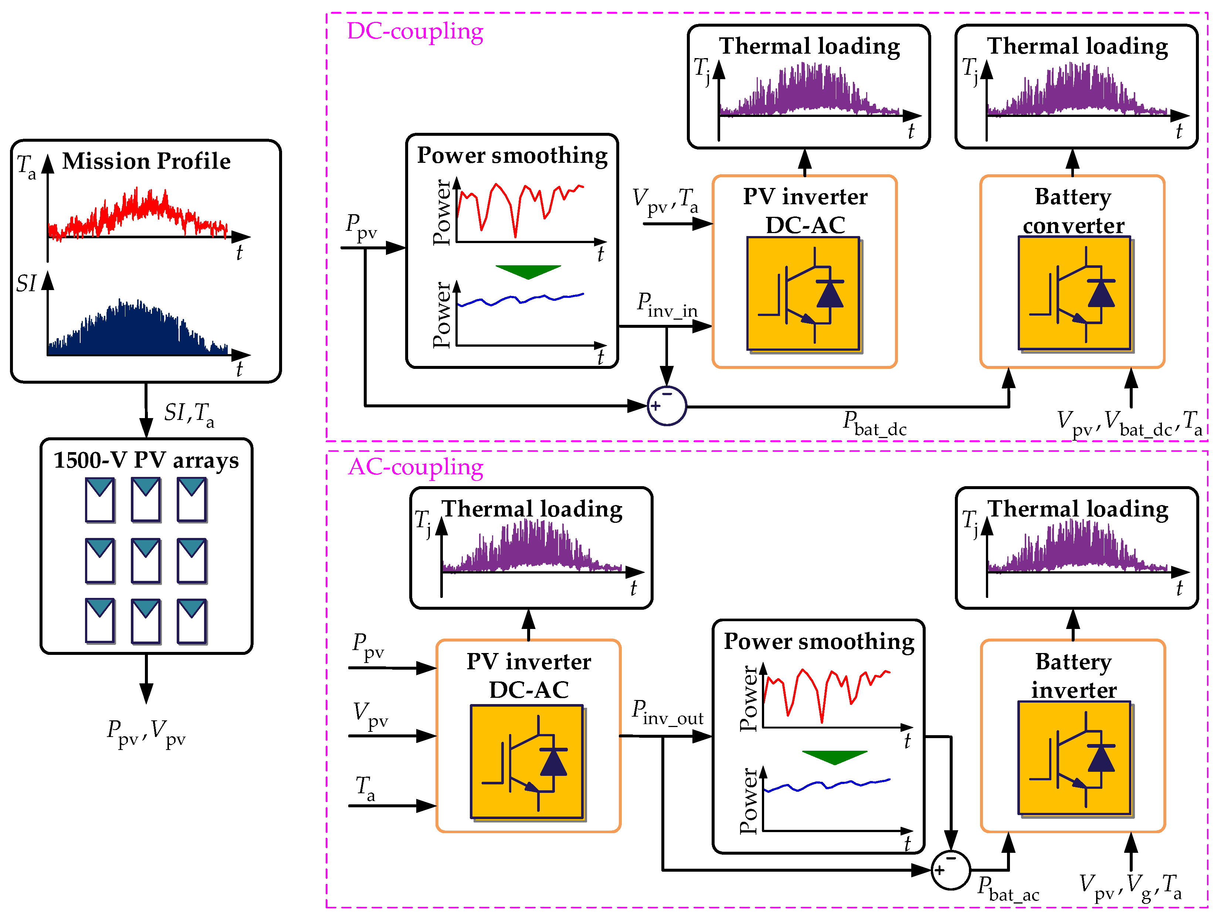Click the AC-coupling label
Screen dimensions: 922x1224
[x=415, y=467]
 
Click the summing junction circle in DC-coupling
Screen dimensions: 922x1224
[x=667, y=406]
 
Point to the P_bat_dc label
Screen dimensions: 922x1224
[x=874, y=424]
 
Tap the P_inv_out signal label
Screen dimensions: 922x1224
[x=667, y=713]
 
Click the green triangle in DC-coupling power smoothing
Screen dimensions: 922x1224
[x=528, y=271]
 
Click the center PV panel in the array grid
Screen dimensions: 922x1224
[x=146, y=561]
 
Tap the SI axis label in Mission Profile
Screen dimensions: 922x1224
[x=26, y=283]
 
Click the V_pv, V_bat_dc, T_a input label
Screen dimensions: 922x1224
[x=1129, y=424]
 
